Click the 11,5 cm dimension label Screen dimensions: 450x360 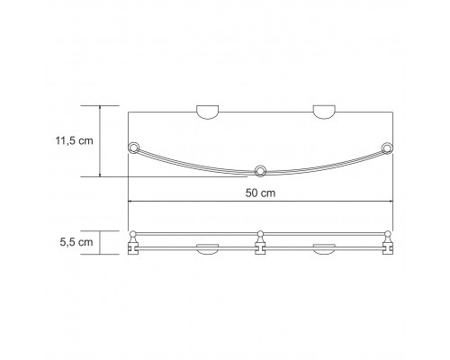pyautogui.click(x=74, y=140)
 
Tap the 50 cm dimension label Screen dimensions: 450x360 pyautogui.click(x=260, y=193)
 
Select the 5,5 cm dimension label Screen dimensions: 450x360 pyautogui.click(x=76, y=242)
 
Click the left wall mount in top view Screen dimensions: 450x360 pyautogui.click(x=207, y=112)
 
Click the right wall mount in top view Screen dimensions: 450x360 pyautogui.click(x=324, y=112)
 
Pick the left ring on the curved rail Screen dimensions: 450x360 pyautogui.click(x=133, y=148)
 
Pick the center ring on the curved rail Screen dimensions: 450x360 pyautogui.click(x=260, y=171)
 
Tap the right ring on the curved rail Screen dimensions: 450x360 pyautogui.click(x=387, y=148)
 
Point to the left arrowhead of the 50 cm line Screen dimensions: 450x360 pyautogui.click(x=130, y=202)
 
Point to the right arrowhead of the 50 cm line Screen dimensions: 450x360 pyautogui.click(x=391, y=202)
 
